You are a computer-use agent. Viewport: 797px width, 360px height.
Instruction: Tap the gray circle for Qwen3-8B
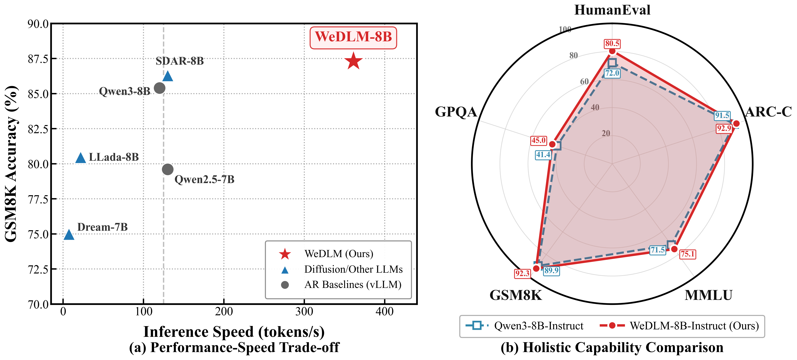tap(159, 88)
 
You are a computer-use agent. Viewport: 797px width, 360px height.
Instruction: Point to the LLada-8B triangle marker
tap(80, 158)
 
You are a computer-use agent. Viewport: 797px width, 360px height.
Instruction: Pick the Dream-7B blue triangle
tap(69, 235)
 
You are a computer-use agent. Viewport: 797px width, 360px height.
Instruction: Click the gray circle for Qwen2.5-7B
tap(167, 169)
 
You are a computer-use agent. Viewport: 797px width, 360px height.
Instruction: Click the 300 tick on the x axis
tap(304, 311)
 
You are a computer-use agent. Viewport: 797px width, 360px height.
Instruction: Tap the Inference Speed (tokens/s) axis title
tap(234, 331)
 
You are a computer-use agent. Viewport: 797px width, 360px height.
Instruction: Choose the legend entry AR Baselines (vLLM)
tap(353, 285)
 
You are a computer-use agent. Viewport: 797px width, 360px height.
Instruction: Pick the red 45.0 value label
tap(539, 140)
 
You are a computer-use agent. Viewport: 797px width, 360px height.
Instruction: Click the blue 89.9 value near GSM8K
tap(551, 271)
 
